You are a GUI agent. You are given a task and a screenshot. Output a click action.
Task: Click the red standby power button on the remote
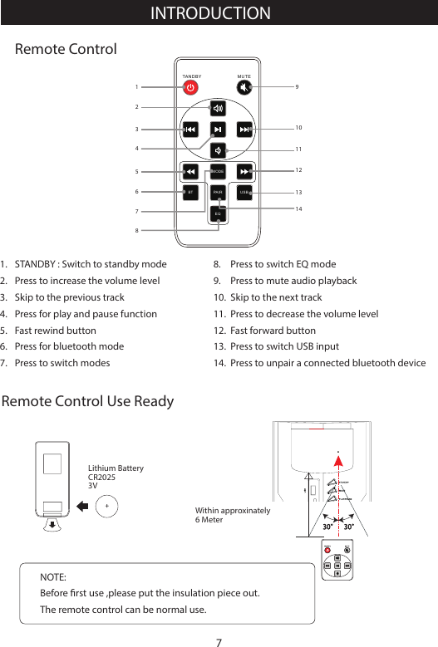click(x=190, y=87)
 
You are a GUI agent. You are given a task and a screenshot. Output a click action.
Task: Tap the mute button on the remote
click(x=244, y=87)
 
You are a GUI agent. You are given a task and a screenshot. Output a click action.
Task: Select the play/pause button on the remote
click(x=217, y=130)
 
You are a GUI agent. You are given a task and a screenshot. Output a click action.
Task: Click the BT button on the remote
click(x=190, y=192)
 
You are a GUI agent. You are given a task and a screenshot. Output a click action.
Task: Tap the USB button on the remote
click(x=244, y=192)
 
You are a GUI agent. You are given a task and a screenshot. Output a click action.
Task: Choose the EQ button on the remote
click(x=217, y=213)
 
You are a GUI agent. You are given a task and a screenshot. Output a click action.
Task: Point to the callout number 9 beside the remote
click(x=298, y=86)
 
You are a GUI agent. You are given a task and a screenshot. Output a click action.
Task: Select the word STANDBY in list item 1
click(x=36, y=264)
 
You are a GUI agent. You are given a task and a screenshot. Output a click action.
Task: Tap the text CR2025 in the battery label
click(x=102, y=478)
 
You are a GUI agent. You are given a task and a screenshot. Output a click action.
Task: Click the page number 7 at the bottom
click(x=219, y=640)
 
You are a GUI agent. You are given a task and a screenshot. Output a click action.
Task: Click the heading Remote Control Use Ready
click(x=88, y=402)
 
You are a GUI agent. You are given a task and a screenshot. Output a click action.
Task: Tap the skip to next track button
click(x=244, y=130)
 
